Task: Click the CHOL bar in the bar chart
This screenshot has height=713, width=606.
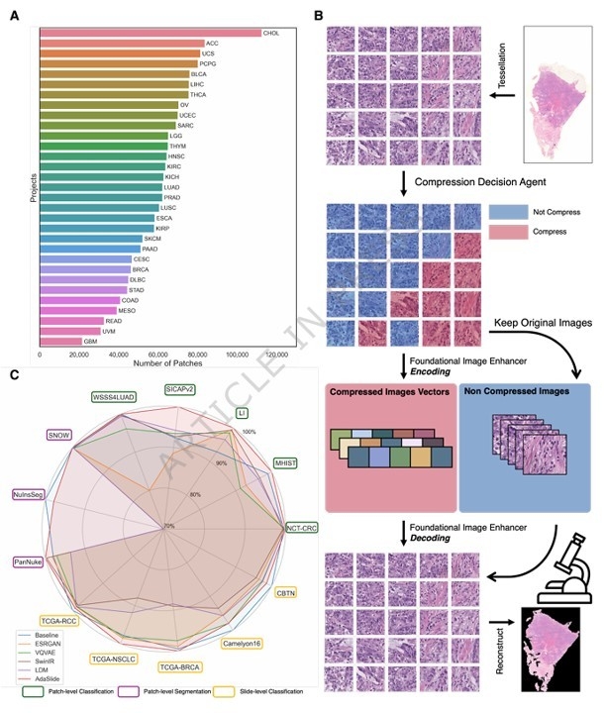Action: point(149,33)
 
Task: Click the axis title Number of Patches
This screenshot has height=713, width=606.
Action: point(162,364)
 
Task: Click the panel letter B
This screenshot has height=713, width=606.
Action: point(319,16)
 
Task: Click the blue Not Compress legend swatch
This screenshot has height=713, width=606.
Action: point(505,212)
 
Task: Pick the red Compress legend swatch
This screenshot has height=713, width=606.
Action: point(505,230)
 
